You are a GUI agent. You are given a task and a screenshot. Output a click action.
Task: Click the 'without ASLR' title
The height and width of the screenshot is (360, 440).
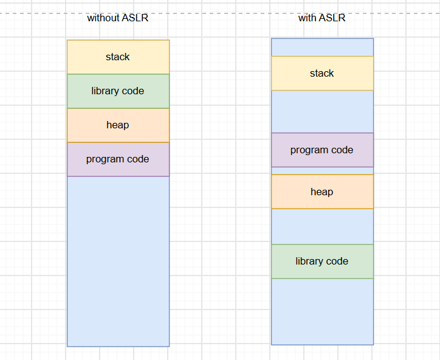(x=117, y=18)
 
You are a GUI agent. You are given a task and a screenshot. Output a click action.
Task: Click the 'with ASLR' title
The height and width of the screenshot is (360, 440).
(x=321, y=18)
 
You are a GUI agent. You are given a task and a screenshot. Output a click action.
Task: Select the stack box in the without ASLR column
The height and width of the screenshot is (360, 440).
(x=118, y=57)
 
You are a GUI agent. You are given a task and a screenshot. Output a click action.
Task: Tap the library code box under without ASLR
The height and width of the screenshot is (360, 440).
(x=118, y=91)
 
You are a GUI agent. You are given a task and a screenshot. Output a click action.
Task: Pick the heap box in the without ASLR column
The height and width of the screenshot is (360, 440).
(x=118, y=125)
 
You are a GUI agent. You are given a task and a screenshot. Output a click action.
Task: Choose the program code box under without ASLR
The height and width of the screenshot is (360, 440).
(x=118, y=159)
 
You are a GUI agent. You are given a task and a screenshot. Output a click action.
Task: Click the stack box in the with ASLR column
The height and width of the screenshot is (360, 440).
(x=323, y=74)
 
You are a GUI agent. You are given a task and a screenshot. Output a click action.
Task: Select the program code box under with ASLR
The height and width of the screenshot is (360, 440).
(x=323, y=150)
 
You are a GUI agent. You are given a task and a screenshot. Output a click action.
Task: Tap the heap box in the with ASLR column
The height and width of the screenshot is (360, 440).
(x=323, y=192)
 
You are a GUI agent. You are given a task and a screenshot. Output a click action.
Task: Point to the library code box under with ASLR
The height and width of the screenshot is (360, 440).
(x=323, y=261)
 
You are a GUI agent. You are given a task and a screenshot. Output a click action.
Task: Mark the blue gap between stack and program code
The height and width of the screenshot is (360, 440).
(x=323, y=112)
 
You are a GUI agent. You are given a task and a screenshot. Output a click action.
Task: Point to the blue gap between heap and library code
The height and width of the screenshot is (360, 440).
(x=323, y=227)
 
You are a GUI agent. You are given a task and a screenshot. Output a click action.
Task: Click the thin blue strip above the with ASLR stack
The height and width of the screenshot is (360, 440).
(x=323, y=47)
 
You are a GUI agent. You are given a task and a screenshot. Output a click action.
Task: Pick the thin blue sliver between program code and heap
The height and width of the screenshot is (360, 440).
(x=323, y=171)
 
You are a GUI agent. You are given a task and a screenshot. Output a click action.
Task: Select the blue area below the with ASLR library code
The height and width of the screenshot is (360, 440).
(x=323, y=312)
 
